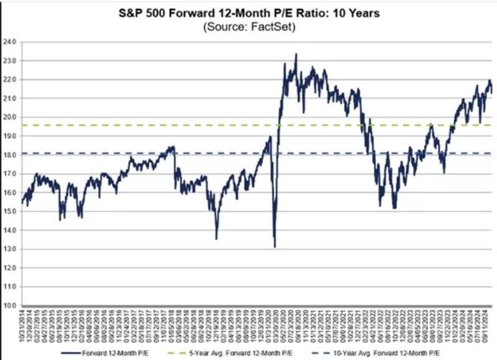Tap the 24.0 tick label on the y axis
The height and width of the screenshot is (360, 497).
[10, 42]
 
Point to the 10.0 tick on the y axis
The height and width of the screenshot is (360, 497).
[10, 305]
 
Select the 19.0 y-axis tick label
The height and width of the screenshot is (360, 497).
[10, 136]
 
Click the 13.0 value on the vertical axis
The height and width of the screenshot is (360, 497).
[10, 249]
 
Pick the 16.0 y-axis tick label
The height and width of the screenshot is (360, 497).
[10, 192]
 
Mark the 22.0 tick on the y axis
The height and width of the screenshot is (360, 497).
[10, 79]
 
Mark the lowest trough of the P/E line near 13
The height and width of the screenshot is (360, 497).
[275, 247]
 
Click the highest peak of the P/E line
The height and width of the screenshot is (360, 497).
[296, 54]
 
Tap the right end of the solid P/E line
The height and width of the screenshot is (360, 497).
[492, 92]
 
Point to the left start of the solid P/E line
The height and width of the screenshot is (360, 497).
[22, 203]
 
